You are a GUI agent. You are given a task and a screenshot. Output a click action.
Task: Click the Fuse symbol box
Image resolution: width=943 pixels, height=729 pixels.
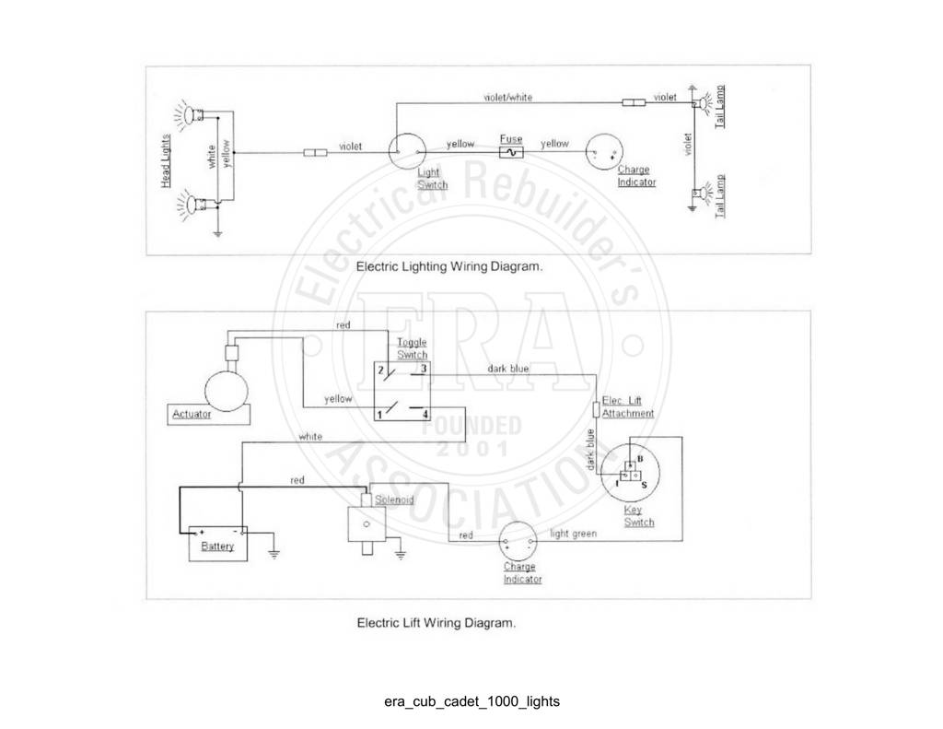[511, 152]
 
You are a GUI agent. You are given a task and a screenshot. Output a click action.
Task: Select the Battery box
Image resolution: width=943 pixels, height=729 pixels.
[217, 544]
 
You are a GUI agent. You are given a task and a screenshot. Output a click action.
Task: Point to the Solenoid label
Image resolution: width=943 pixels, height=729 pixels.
[394, 500]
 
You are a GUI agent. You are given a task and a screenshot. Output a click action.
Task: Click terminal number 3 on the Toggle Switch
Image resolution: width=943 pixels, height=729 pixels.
[424, 369]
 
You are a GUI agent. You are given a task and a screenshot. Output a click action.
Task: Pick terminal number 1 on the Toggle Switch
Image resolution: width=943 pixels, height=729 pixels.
[379, 415]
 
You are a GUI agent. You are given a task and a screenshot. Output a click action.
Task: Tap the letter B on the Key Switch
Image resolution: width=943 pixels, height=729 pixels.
[640, 459]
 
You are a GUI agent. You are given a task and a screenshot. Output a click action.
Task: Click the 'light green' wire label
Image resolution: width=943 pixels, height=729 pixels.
[573, 534]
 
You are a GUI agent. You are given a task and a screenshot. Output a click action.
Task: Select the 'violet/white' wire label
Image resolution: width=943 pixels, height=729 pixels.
[508, 97]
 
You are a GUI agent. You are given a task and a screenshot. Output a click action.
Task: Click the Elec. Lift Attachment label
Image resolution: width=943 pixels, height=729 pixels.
[628, 407]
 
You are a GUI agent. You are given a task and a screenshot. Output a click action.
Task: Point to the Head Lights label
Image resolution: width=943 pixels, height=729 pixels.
[166, 160]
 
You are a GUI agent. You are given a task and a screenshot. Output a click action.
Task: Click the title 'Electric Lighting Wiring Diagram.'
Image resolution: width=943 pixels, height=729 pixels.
[449, 266]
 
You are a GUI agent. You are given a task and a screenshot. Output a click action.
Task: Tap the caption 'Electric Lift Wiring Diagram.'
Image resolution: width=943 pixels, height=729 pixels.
[436, 622]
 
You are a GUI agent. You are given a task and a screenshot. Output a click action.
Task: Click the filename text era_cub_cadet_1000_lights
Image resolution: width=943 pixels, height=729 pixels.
[472, 701]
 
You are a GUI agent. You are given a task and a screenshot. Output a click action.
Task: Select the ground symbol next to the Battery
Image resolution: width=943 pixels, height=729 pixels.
[274, 554]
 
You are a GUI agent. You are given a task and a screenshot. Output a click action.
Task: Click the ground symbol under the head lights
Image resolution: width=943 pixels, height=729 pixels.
[217, 232]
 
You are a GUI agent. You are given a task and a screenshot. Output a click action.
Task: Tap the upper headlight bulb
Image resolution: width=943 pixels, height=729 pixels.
[190, 113]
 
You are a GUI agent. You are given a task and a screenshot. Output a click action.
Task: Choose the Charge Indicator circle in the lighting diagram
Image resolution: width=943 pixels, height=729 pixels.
[604, 152]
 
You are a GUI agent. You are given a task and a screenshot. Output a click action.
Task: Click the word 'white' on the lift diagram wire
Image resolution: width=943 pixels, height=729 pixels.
[310, 437]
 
